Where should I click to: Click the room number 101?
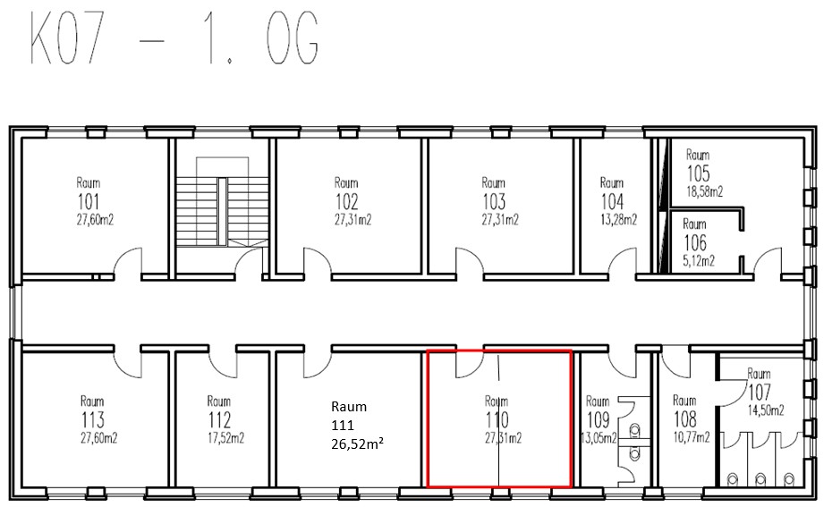point(89,202)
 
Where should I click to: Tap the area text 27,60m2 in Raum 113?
point(98,438)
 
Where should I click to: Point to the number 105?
point(699,173)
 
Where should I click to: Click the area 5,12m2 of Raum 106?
point(699,260)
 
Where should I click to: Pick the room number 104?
point(612,202)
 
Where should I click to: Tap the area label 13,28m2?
point(618,220)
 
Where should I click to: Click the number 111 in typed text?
point(343,425)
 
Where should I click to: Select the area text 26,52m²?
point(357,444)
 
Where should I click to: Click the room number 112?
point(219,420)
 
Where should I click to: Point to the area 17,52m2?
point(226,438)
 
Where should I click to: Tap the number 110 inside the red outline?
point(497,420)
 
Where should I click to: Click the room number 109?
point(598,420)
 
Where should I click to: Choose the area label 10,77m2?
point(692,437)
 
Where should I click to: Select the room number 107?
point(760,392)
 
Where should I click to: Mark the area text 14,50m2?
point(766,410)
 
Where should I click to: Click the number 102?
point(347,202)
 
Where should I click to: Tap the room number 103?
point(494,202)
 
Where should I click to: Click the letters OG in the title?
point(293,38)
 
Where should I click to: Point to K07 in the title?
point(66,38)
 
